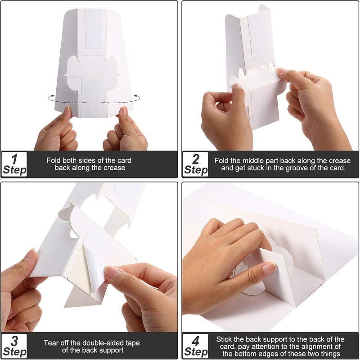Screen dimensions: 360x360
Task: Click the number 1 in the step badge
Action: coord(14,159)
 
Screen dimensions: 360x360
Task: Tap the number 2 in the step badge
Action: coord(196,159)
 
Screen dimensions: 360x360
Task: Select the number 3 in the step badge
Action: coord(14,341)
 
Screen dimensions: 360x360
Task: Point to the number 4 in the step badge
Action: coord(195,341)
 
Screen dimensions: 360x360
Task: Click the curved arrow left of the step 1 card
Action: coord(67,100)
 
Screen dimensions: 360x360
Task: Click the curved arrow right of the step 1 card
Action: coord(121,100)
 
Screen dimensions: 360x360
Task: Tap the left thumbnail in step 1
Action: coord(67,109)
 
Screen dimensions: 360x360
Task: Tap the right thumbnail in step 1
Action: coord(124,110)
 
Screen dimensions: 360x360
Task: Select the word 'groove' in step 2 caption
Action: coord(293,168)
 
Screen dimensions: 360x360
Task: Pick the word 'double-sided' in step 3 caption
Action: coord(103,343)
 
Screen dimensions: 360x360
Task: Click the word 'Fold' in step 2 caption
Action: coord(221,160)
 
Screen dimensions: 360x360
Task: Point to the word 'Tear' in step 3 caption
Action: coord(50,343)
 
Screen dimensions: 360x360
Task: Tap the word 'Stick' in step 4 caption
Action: coord(224,339)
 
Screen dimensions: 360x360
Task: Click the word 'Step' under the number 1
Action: coord(15,170)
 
